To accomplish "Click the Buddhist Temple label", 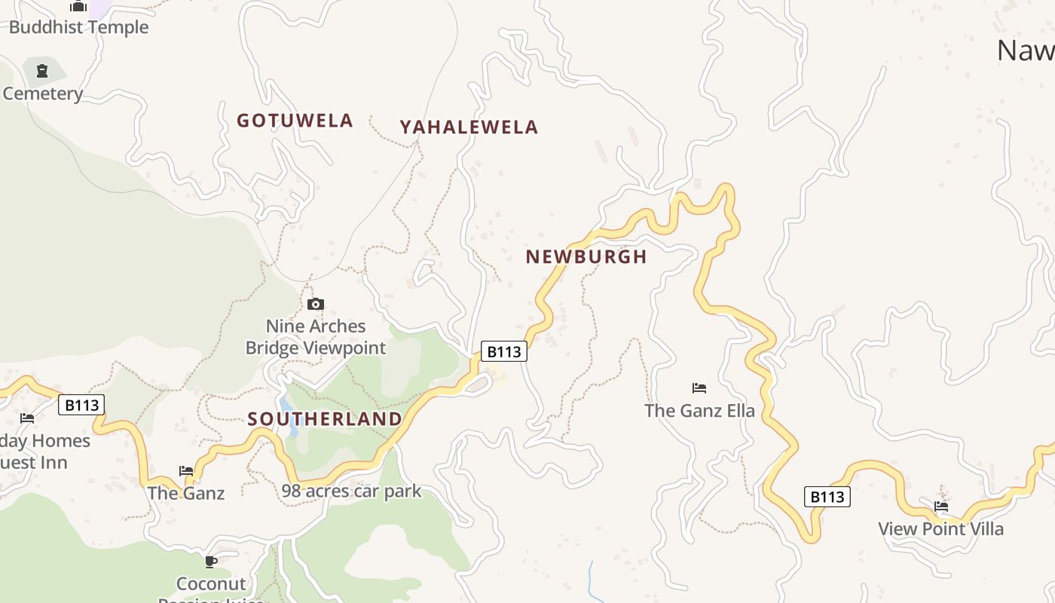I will pyautogui.click(x=78, y=27).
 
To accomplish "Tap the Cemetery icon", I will pyautogui.click(x=42, y=72).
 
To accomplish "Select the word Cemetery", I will pyautogui.click(x=42, y=93).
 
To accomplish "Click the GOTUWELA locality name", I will pyautogui.click(x=295, y=121).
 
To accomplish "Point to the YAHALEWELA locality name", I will pyautogui.click(x=469, y=127).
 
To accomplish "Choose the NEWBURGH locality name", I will pyautogui.click(x=586, y=257).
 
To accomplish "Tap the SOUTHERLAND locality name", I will pyautogui.click(x=325, y=419).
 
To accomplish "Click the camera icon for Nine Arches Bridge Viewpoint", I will pyautogui.click(x=316, y=305).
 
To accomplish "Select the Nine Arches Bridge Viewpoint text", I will pyautogui.click(x=316, y=337).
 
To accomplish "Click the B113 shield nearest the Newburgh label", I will pyautogui.click(x=503, y=351).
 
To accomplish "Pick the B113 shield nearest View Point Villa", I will pyautogui.click(x=827, y=497).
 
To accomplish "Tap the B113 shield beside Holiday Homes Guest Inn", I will pyautogui.click(x=81, y=406).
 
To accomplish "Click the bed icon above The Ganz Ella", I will pyautogui.click(x=699, y=389).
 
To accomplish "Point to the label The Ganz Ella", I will pyautogui.click(x=699, y=411).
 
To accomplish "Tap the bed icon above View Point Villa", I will pyautogui.click(x=941, y=507).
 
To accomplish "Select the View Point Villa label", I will pyautogui.click(x=940, y=529).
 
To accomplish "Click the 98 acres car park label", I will pyautogui.click(x=351, y=491).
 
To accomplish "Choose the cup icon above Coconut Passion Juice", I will pyautogui.click(x=211, y=562).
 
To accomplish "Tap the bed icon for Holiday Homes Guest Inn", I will pyautogui.click(x=27, y=418).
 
